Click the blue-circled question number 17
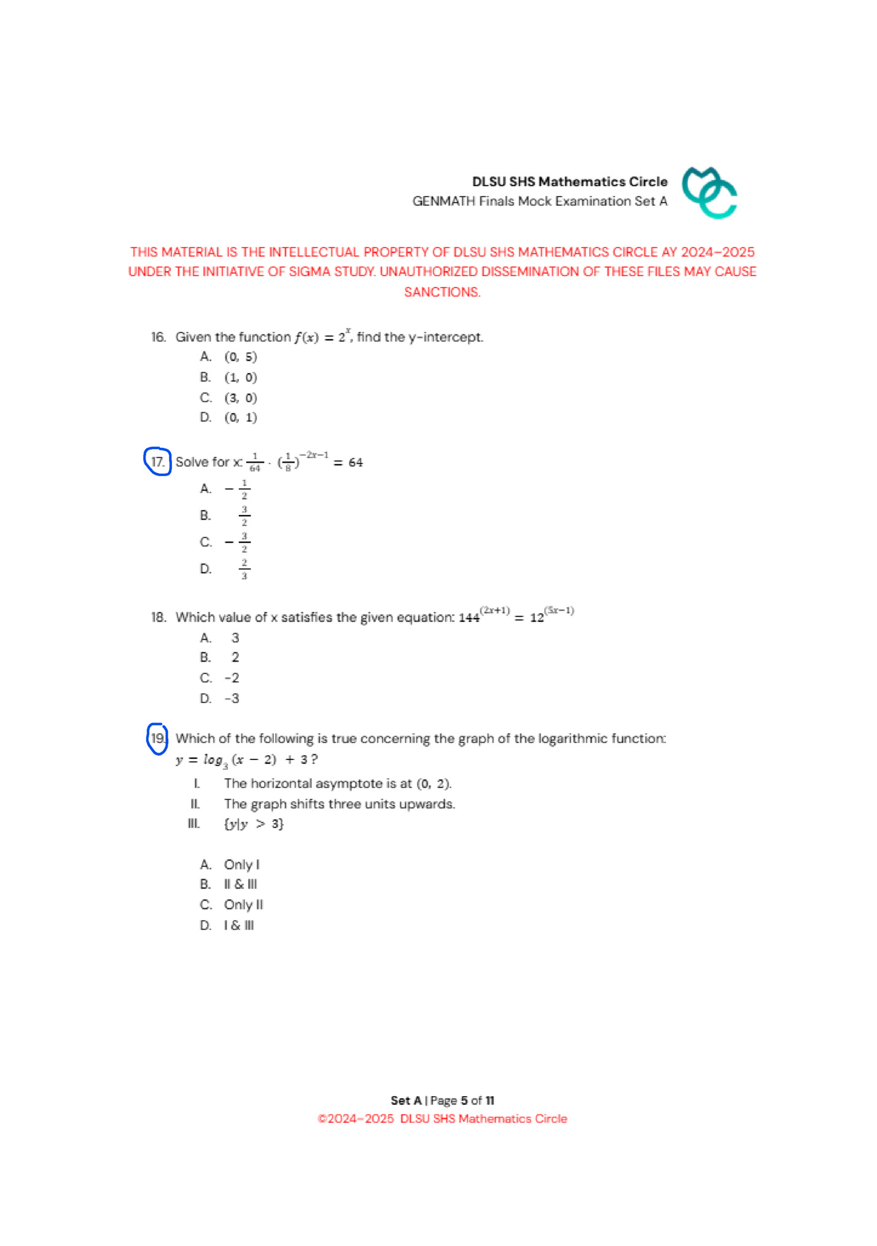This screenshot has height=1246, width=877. click(x=158, y=462)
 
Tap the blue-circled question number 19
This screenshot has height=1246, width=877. click(x=158, y=739)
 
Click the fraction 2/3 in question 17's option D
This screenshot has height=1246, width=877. click(x=244, y=569)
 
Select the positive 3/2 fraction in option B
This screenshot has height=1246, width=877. click(x=244, y=515)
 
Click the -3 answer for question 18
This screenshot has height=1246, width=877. click(x=232, y=699)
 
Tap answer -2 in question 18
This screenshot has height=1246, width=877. click(x=232, y=678)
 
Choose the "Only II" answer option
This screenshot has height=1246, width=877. click(x=243, y=905)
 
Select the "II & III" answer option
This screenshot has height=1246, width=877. click(x=241, y=885)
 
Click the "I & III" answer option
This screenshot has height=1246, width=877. click(x=239, y=926)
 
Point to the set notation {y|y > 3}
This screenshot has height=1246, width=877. click(x=254, y=824)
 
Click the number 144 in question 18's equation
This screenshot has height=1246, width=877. click(x=469, y=618)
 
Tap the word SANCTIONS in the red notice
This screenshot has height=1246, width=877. click(x=442, y=292)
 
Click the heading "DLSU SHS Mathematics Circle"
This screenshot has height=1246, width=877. click(x=569, y=182)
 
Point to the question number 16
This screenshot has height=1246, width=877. click(x=158, y=337)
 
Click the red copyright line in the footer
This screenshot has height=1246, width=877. click(x=442, y=1119)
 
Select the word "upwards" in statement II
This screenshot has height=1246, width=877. click(x=431, y=804)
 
